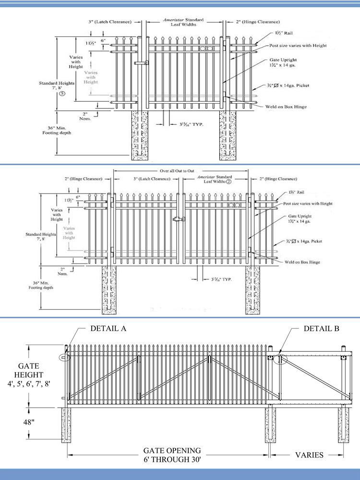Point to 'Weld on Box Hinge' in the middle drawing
point(301,262)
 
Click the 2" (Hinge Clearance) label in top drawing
point(258,22)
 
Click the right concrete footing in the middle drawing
point(252,290)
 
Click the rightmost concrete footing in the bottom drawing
point(343,425)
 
